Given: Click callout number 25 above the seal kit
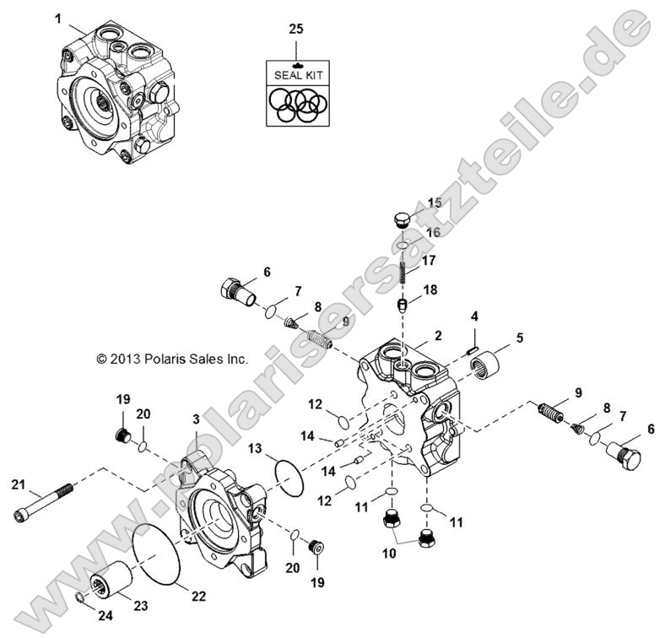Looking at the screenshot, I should pos(295,29).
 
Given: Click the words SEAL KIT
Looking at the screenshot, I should pos(298,75).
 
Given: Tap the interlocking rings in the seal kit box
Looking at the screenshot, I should pos(298,105).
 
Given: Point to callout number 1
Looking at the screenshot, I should pos(58,18).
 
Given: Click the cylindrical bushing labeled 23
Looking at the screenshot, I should pos(112,581).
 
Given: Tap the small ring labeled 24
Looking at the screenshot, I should pos(78,598).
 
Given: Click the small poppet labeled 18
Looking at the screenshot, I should pos(405,304).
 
